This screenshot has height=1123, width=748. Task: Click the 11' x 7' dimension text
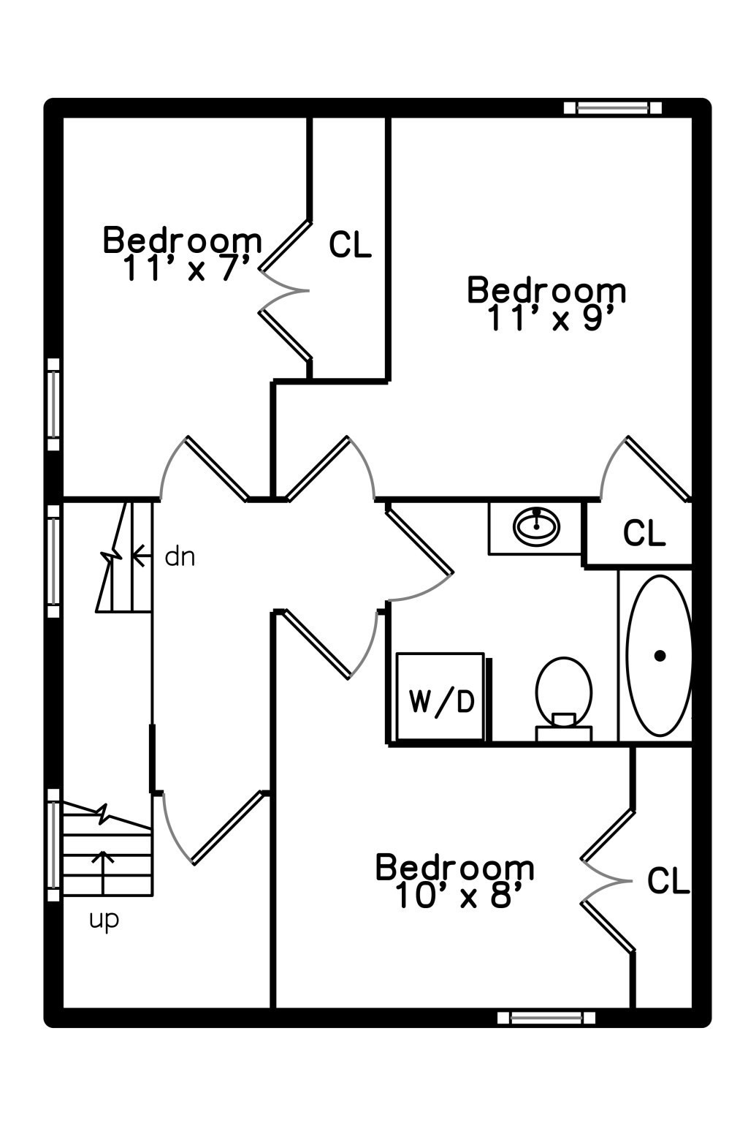[x=188, y=268]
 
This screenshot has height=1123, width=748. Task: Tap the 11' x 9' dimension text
[x=547, y=318]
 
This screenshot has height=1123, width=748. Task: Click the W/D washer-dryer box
[x=440, y=700]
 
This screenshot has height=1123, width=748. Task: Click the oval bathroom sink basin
[x=537, y=526]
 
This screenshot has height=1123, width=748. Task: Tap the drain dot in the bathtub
[x=660, y=656]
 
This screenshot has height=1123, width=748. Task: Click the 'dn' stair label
[x=180, y=557]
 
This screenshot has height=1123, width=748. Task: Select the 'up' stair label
[x=104, y=919]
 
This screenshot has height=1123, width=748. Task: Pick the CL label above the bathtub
[x=644, y=534]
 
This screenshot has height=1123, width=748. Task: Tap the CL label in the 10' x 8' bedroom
[x=668, y=881]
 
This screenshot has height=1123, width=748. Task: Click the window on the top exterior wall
[x=612, y=108]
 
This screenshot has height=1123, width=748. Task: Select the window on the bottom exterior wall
[x=546, y=1017]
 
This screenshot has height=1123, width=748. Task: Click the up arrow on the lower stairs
[x=103, y=870]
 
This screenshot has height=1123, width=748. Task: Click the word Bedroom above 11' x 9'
[x=546, y=290]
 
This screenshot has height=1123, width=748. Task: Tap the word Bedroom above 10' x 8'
[x=454, y=868]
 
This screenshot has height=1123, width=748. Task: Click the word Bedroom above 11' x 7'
[x=183, y=240]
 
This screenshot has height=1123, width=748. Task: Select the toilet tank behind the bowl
[x=563, y=733]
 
